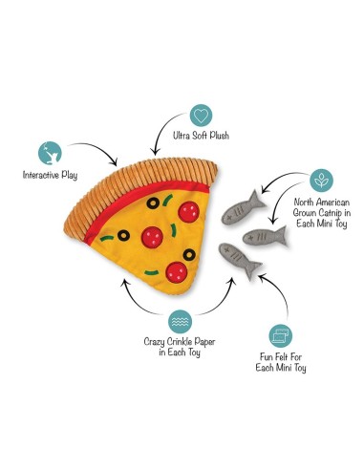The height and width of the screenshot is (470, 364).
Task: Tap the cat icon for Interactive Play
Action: point(50,153)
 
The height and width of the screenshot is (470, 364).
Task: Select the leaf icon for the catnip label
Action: point(321,181)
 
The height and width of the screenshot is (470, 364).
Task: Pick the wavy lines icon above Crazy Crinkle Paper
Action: point(180,322)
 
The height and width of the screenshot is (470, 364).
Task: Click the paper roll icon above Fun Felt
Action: point(281,336)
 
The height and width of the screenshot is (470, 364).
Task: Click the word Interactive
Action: point(41,175)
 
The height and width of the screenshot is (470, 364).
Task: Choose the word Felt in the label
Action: point(282,356)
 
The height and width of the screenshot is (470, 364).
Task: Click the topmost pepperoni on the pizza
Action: point(188,212)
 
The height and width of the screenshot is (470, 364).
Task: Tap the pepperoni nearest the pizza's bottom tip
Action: point(177,272)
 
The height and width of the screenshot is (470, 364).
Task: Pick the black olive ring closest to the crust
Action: point(153,203)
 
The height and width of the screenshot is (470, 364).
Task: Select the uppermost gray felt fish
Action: point(242,209)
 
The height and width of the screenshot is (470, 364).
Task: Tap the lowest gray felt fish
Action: point(240,260)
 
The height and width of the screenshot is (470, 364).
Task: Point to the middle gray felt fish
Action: point(265,236)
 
